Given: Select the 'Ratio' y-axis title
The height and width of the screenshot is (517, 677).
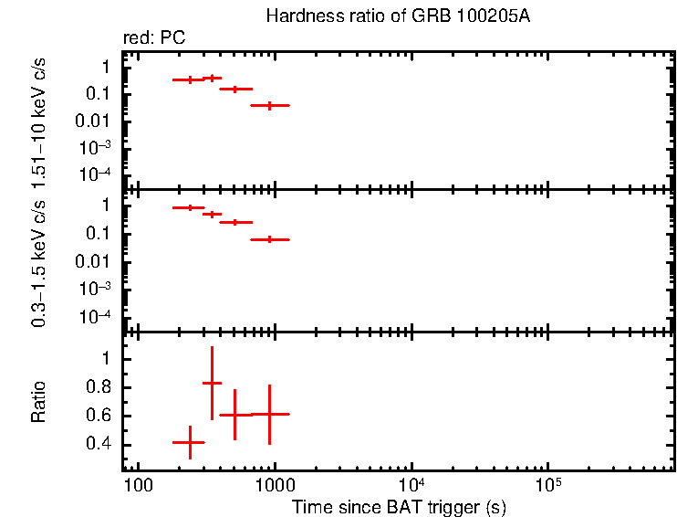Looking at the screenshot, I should click(39, 402).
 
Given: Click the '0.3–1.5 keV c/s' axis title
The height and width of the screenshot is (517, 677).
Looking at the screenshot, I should click(39, 261).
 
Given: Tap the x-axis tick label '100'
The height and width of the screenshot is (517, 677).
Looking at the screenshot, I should click(137, 485).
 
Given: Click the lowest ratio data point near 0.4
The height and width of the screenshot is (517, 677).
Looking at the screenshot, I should click(189, 442).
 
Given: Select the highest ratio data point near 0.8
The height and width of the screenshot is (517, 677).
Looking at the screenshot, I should click(212, 383).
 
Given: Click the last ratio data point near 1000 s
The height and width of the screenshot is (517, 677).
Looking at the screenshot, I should click(269, 414).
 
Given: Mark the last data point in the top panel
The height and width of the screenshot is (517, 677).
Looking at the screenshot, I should click(269, 106).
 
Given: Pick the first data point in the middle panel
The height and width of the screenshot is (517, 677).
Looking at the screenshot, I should click(189, 208).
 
